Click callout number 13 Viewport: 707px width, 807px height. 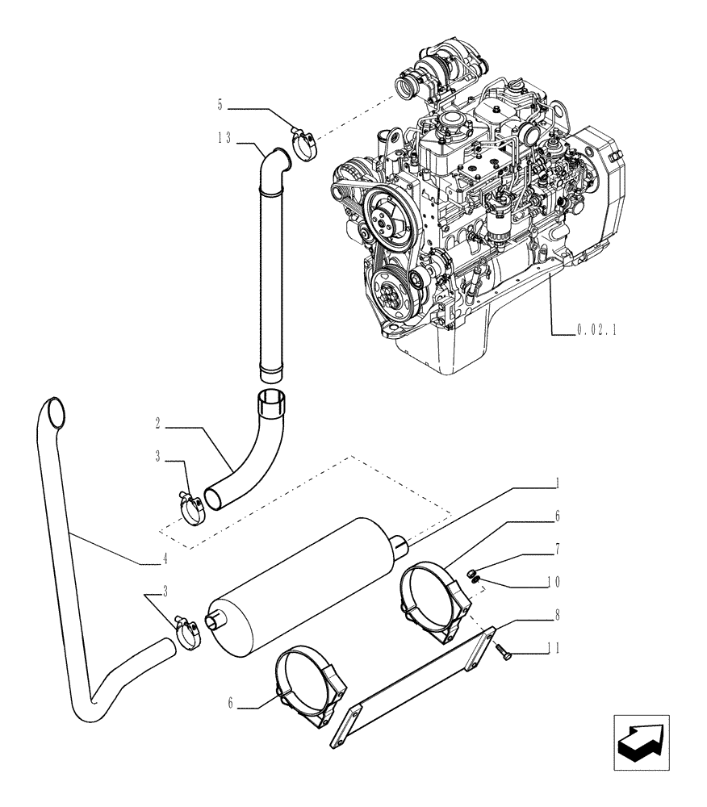coord(224,139)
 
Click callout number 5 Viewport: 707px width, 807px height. coord(220,103)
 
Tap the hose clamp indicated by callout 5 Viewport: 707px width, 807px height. coord(303,145)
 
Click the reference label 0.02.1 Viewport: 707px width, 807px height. coord(596,329)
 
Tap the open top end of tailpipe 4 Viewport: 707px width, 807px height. coord(54,412)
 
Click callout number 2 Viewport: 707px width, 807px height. coord(159,423)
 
